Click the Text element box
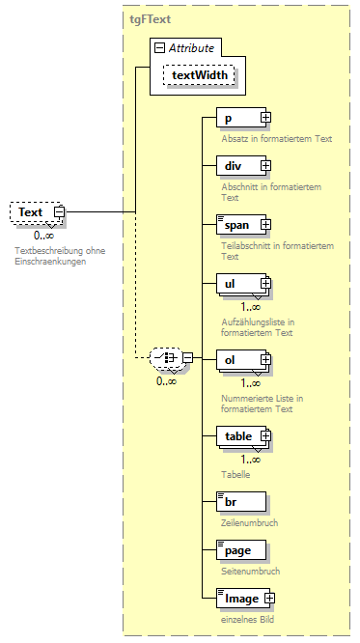31,212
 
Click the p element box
235,119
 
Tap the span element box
235,225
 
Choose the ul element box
235,284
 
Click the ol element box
235,360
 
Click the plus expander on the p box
265,119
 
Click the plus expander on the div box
265,166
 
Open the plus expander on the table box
264,436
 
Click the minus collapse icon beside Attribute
160,47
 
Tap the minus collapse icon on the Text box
59,212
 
